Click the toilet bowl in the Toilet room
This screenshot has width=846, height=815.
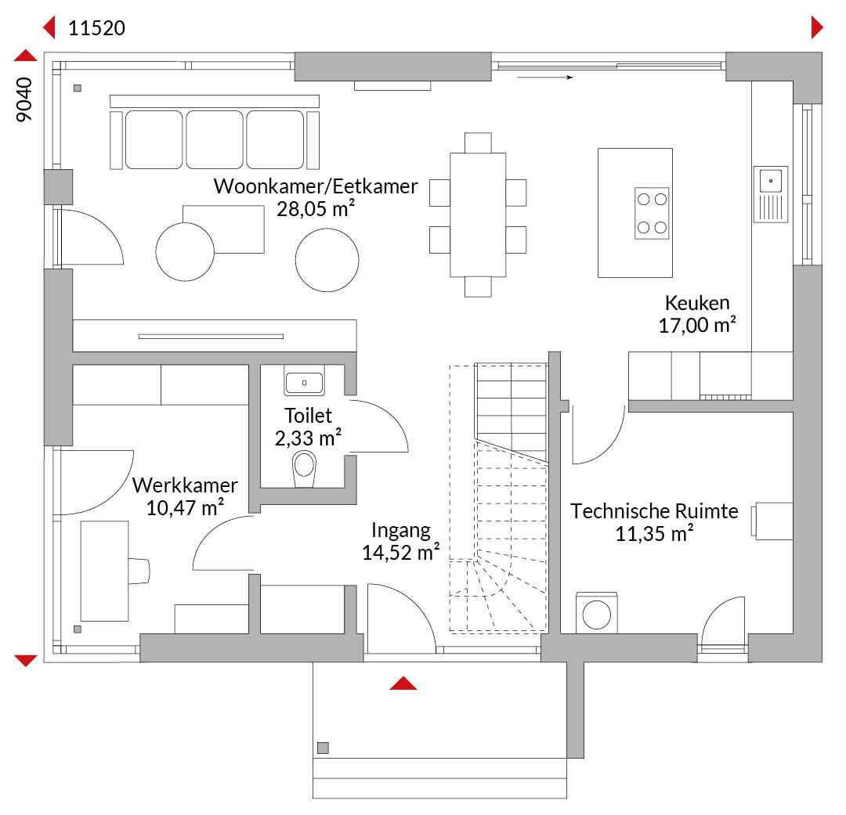(x=304, y=469)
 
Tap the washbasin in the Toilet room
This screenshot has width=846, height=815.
(x=304, y=382)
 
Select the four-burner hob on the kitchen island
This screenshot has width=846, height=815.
(x=652, y=213)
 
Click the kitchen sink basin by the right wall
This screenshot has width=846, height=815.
(x=771, y=181)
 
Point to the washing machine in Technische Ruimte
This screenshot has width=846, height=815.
(x=597, y=613)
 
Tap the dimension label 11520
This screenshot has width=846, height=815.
(x=96, y=28)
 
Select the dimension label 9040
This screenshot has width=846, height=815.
(x=24, y=99)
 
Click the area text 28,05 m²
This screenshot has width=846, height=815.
(x=316, y=208)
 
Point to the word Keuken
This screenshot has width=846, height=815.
(x=697, y=302)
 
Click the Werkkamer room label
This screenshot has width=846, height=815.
(x=185, y=485)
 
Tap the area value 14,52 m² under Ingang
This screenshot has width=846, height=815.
(x=400, y=552)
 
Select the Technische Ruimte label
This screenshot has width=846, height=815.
(x=654, y=510)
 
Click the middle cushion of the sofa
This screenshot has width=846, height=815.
(x=214, y=139)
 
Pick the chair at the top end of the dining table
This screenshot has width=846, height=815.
(x=478, y=143)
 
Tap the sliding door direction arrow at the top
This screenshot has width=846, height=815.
(x=545, y=78)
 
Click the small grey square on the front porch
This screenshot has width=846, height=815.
(x=324, y=748)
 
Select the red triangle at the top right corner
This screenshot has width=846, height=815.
(x=817, y=27)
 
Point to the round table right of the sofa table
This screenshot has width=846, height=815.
(x=327, y=260)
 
